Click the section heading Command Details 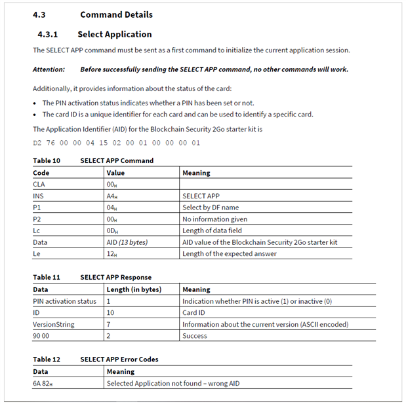116,14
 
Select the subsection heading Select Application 114,34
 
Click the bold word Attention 49,69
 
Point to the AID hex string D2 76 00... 116,142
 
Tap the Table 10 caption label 46,160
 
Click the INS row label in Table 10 38,196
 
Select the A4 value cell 113,196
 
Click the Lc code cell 37,230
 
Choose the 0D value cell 113,230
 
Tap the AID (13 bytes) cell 127,242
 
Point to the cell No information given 214,219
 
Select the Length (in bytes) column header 133,289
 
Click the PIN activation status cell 64,301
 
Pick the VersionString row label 53,324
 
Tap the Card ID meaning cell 193,313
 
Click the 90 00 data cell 42,336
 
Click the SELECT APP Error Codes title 119,359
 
